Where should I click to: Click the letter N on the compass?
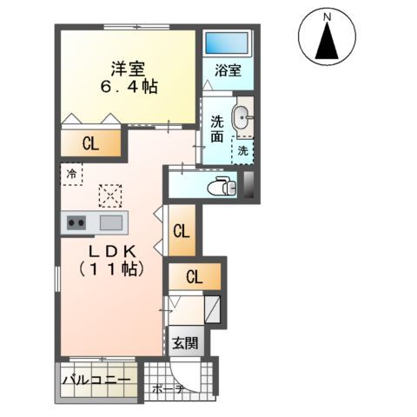point(328,17)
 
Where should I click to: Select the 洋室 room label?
point(127,67)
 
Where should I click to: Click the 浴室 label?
point(228,72)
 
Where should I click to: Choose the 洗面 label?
point(217,129)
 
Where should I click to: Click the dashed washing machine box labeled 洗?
point(243,150)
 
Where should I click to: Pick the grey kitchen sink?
point(111,223)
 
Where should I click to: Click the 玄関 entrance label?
point(183,342)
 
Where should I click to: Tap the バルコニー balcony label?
point(97,380)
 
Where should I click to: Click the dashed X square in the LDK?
point(110,195)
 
